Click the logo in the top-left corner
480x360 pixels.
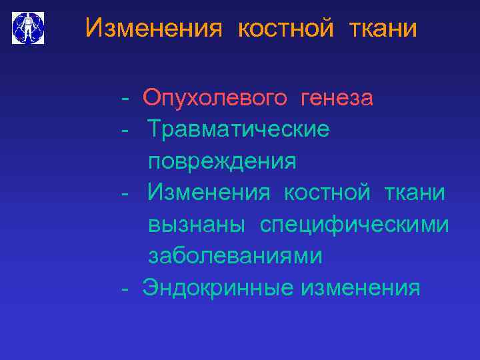(28, 28)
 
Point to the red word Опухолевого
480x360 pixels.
(215, 99)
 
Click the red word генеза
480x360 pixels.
(337, 99)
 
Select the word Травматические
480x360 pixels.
(238, 129)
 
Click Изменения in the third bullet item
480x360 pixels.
(209, 193)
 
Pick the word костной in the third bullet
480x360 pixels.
(327, 193)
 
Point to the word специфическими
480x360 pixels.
(354, 225)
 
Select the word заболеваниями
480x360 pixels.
(235, 256)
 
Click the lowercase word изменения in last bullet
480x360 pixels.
(360, 288)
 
